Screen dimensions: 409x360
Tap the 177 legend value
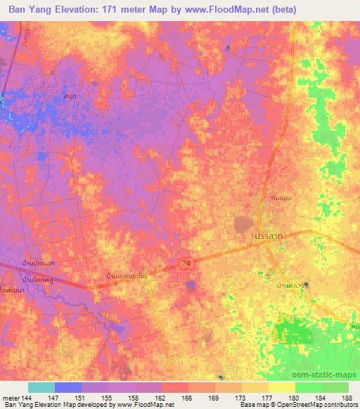(257, 398)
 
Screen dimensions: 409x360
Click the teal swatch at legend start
(41, 387)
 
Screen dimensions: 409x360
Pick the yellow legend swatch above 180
(282, 387)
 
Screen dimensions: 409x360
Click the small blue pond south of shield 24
(190, 284)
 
